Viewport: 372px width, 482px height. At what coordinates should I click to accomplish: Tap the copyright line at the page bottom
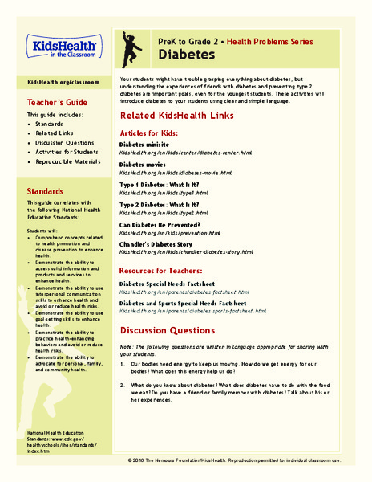245,460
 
